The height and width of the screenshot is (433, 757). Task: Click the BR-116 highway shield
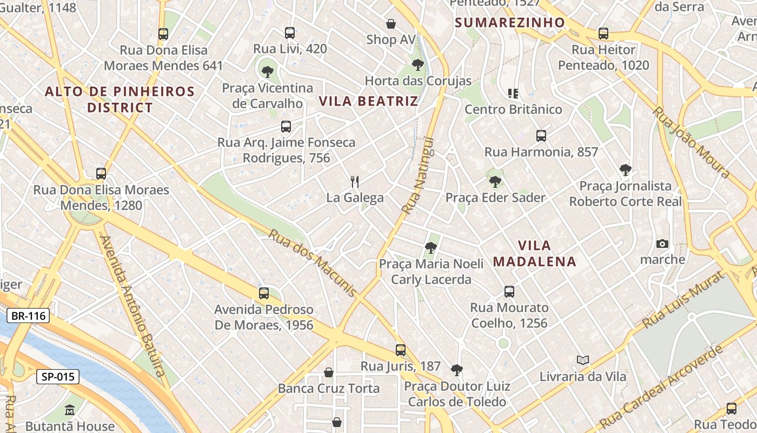[x=28, y=316]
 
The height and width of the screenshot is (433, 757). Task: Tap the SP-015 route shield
[x=58, y=377]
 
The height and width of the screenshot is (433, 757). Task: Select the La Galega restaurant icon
[x=355, y=181]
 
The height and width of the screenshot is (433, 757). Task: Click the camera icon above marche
[x=662, y=244]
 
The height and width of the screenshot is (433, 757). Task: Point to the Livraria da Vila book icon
[x=582, y=360]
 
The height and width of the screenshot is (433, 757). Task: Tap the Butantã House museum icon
[x=70, y=410]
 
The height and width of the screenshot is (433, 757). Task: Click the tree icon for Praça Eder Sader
[x=495, y=181]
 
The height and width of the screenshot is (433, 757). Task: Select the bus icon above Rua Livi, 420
[x=290, y=33]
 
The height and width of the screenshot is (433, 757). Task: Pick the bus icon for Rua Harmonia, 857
[x=541, y=136]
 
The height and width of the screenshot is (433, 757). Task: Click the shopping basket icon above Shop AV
[x=391, y=24]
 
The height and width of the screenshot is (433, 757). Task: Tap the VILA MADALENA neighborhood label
[x=534, y=253]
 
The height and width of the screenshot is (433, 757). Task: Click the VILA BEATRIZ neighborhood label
[x=368, y=101]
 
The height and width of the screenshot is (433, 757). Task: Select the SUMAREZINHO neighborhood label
[x=509, y=23]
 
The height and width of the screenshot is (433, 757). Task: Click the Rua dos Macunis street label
[x=313, y=263]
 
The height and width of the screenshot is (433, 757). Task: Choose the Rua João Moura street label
[x=692, y=142]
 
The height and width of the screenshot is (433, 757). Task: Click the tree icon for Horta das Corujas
[x=417, y=65]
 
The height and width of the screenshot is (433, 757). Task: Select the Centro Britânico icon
[x=513, y=93]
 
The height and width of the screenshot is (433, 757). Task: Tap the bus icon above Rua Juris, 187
[x=400, y=350]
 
